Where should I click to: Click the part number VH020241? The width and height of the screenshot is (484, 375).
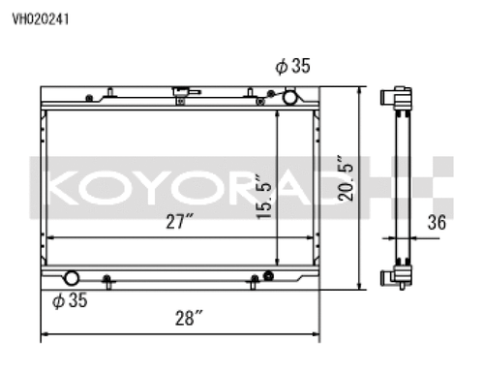(40, 17)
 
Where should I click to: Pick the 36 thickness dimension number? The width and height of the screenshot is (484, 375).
(436, 222)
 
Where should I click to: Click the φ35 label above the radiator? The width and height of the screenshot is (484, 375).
(292, 67)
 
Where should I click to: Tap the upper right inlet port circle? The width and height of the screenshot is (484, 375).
(289, 97)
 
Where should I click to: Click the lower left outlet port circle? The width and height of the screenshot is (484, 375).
(72, 278)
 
